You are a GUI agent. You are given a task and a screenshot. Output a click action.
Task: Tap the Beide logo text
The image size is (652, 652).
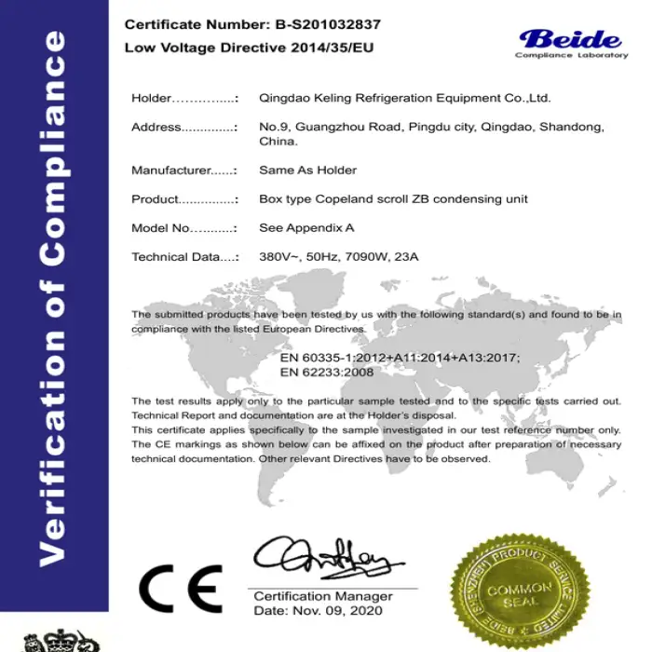point(570,39)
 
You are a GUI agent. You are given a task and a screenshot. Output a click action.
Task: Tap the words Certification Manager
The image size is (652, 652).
point(323,596)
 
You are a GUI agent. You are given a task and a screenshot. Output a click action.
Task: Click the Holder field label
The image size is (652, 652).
point(152,98)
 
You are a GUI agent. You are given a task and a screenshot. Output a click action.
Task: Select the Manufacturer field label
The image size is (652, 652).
point(170,170)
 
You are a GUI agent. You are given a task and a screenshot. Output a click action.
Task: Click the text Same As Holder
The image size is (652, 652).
point(307,170)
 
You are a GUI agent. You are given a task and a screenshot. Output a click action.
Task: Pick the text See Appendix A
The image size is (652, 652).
point(306,227)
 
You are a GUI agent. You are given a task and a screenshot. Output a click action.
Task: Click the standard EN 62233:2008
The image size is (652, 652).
point(327,372)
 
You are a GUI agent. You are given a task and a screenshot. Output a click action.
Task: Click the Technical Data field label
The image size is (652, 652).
point(173,256)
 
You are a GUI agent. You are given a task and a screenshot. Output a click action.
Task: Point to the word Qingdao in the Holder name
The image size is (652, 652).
point(284,98)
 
